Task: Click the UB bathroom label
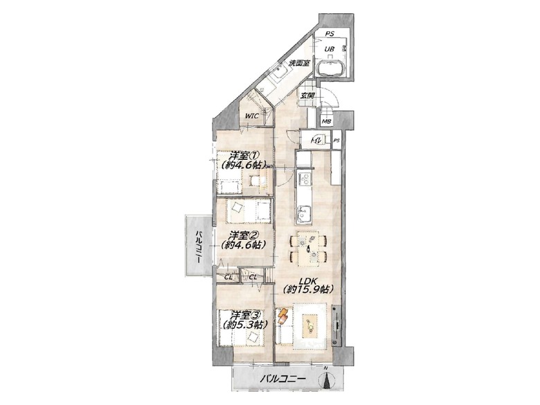point(330,49)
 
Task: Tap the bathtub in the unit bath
point(331,68)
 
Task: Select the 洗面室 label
point(299,64)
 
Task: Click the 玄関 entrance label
point(307,96)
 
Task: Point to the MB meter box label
point(326,121)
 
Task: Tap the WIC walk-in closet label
point(252,116)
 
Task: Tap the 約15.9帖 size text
point(308,289)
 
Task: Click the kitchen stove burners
point(305,179)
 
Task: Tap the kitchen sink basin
point(305,213)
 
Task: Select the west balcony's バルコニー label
point(199,246)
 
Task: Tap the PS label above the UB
point(330,34)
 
